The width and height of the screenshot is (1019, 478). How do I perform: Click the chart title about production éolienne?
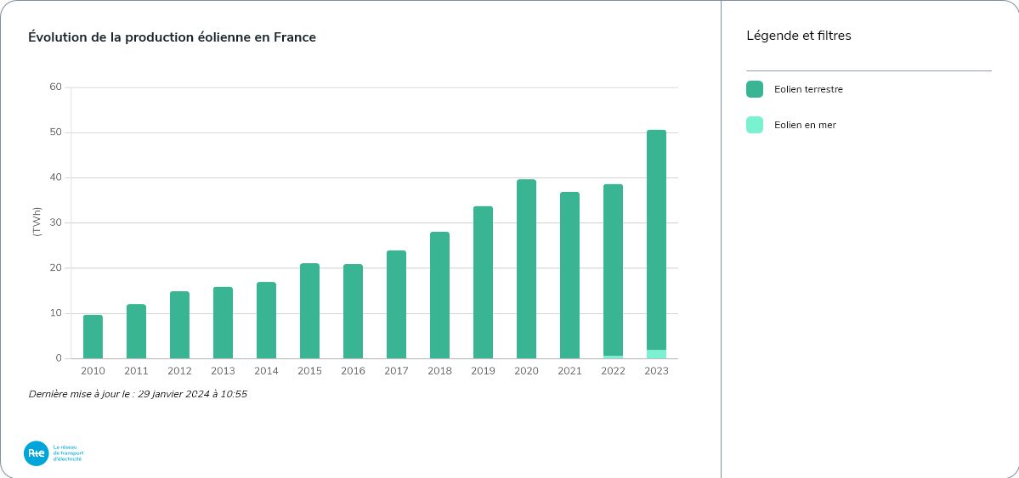point(172,37)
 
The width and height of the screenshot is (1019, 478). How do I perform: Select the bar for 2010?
point(93,337)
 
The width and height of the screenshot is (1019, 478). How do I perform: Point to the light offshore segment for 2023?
point(656,354)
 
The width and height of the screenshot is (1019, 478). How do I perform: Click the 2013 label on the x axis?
point(223,371)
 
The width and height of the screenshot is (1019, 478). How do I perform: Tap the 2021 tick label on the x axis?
point(569,371)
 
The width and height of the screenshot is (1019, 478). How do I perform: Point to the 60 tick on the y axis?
point(56,87)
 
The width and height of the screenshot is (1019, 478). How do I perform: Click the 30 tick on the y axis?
point(56,222)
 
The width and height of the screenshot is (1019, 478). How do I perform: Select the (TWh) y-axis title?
point(37,222)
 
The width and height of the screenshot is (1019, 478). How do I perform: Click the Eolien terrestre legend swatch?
point(755,89)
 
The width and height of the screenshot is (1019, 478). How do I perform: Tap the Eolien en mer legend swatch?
point(755,125)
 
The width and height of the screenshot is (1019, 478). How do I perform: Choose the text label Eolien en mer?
point(805,125)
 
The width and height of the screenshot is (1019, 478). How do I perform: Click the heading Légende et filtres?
point(798,36)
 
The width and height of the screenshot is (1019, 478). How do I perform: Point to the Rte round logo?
point(37,453)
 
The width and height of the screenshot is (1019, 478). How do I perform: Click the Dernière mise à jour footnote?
point(138,394)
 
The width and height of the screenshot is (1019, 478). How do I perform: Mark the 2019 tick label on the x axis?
point(483,371)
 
